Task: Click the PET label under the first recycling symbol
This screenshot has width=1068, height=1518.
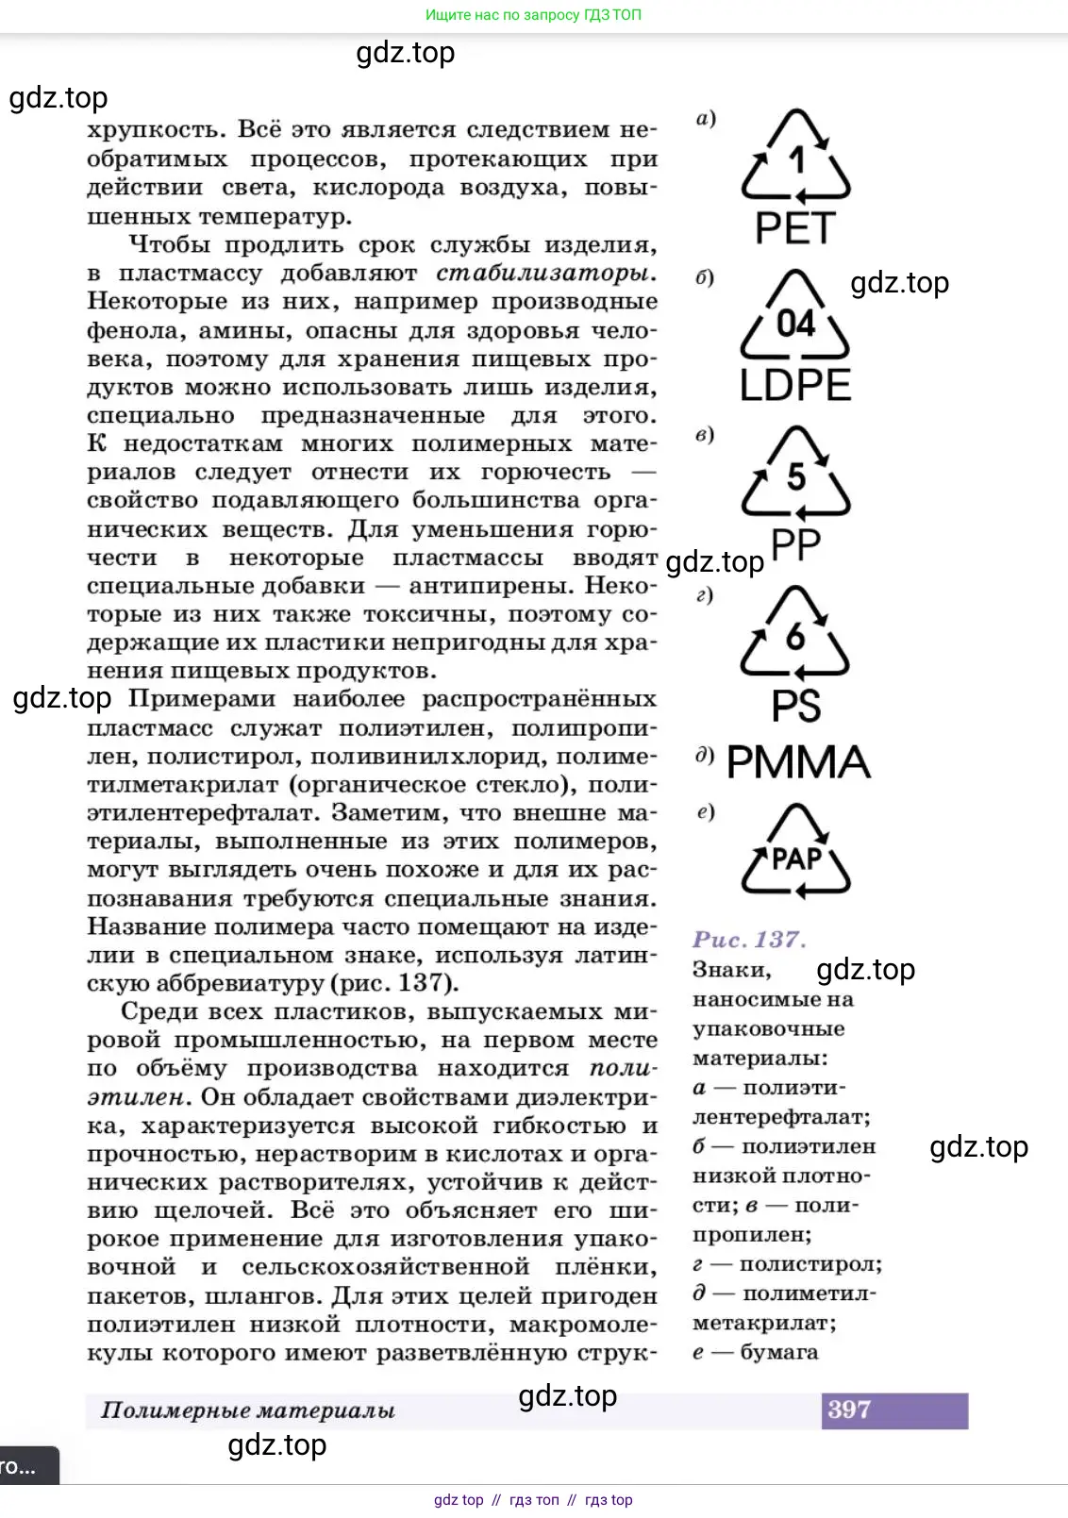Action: coord(795,228)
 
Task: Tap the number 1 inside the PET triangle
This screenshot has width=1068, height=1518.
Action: coord(797,160)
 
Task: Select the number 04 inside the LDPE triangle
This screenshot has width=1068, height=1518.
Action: coord(795,324)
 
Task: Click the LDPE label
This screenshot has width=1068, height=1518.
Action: coord(795,385)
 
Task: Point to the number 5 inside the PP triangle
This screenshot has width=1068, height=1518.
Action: coord(796,477)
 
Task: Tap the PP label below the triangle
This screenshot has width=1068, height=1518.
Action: coord(796,544)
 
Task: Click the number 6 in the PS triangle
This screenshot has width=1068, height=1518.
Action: coord(796,637)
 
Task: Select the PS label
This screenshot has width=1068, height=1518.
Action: coord(796,706)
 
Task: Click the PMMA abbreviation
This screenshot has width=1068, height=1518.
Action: coord(798,762)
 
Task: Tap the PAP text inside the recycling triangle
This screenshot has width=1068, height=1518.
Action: coord(796,859)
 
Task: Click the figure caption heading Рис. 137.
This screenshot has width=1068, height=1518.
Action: coord(749,940)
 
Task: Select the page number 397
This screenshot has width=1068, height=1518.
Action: coord(849,1410)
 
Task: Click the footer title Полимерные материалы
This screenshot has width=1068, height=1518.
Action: coord(248,1410)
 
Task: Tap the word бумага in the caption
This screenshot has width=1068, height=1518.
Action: coord(778,1352)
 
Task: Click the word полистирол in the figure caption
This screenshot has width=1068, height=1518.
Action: coord(809,1264)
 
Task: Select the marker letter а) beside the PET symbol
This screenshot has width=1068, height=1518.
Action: coord(706,119)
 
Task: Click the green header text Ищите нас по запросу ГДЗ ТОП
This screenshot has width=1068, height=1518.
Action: coord(533,15)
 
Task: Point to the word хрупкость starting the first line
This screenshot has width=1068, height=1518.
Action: coord(156,130)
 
